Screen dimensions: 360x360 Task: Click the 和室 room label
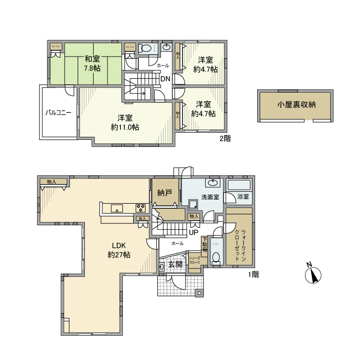[93, 59]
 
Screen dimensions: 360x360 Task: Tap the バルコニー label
[58, 112]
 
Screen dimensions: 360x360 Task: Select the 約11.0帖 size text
[124, 127]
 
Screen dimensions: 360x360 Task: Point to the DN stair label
[165, 79]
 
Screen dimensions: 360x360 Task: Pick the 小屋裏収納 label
[296, 104]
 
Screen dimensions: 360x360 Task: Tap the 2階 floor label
[224, 138]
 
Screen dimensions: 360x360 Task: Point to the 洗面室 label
[210, 197]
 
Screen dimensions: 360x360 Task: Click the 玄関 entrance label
[175, 264]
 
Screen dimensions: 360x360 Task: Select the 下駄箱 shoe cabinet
[204, 245]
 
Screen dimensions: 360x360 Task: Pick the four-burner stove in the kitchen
[140, 208]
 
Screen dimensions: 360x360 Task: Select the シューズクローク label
[194, 260]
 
